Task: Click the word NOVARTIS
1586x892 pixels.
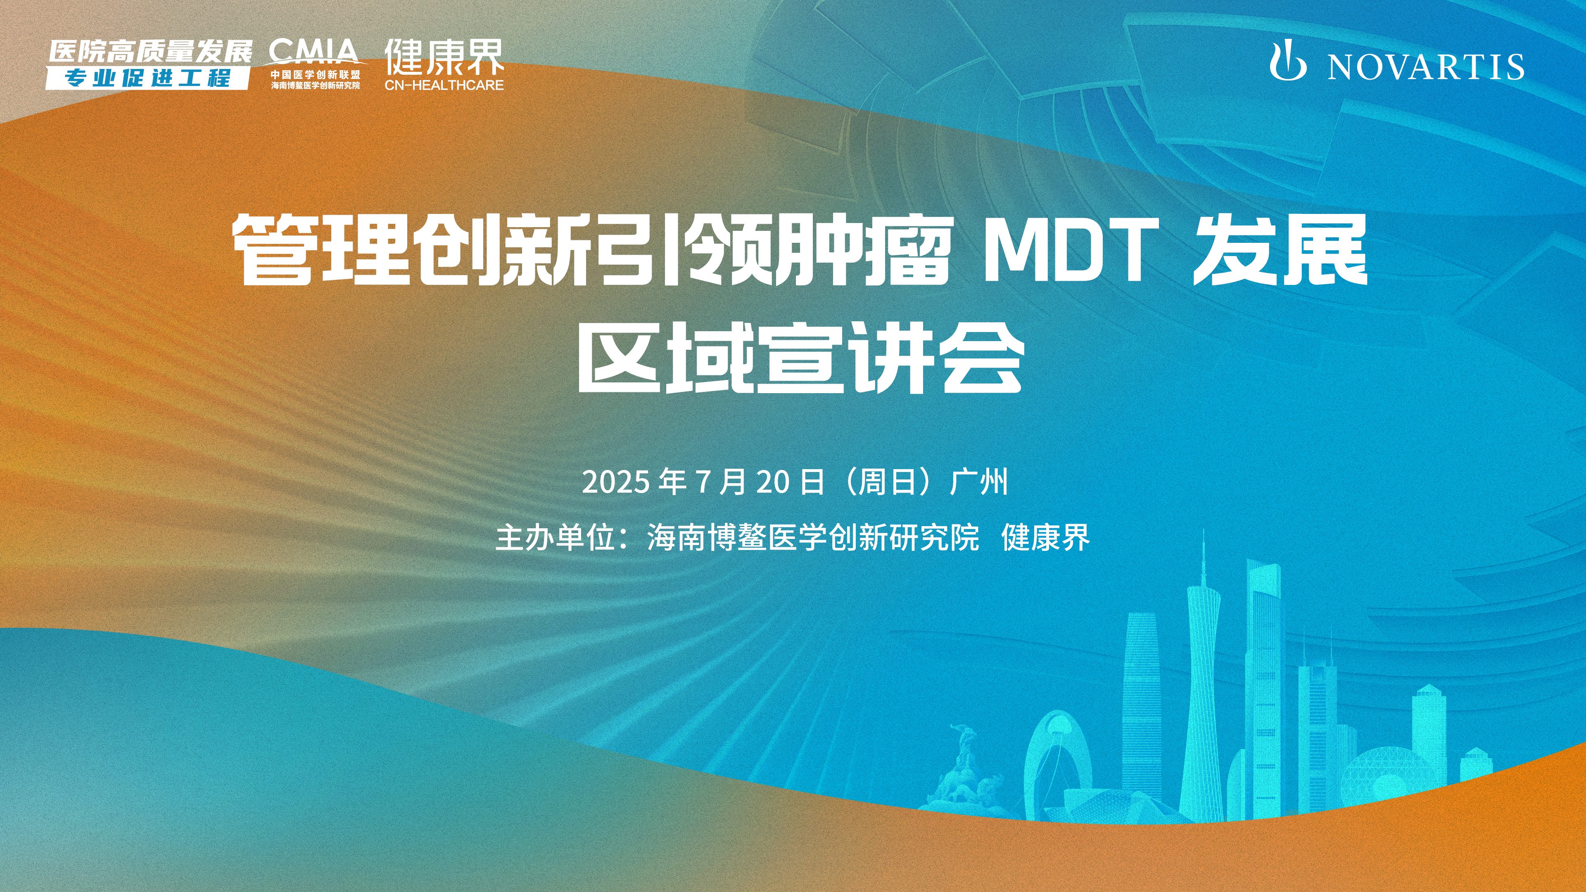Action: (1426, 66)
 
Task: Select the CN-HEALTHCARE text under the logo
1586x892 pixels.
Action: (444, 85)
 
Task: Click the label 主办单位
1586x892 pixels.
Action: (556, 537)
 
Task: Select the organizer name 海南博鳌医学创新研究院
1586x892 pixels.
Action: (813, 537)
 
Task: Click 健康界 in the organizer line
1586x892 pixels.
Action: (1045, 537)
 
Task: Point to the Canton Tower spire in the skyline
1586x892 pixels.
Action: (1202, 557)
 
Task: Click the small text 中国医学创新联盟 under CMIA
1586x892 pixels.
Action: (315, 74)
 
